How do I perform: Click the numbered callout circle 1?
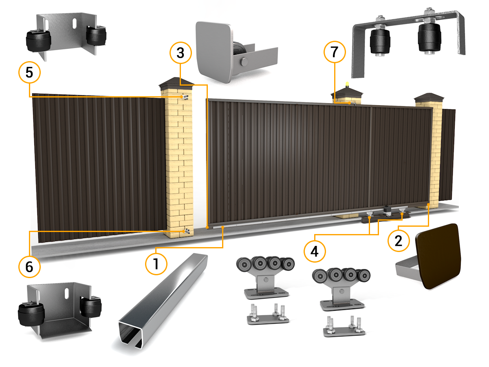[156, 264]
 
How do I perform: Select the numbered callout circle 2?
[399, 241]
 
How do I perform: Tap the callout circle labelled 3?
[181, 53]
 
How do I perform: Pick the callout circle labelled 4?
[315, 251]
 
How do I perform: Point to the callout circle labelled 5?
[29, 73]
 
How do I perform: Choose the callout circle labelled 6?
[29, 267]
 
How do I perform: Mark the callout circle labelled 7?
[335, 52]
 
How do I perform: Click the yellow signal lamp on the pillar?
[347, 84]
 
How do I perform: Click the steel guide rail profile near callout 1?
[163, 301]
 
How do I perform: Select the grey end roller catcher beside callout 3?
[236, 52]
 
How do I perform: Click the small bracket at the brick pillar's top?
[185, 97]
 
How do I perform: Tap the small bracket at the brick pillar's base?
[187, 231]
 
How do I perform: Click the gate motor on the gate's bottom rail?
[387, 211]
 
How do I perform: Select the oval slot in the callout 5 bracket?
[75, 24]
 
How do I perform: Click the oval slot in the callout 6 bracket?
[67, 294]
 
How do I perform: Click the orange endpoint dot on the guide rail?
[223, 227]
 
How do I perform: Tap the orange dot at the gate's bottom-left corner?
[207, 227]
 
